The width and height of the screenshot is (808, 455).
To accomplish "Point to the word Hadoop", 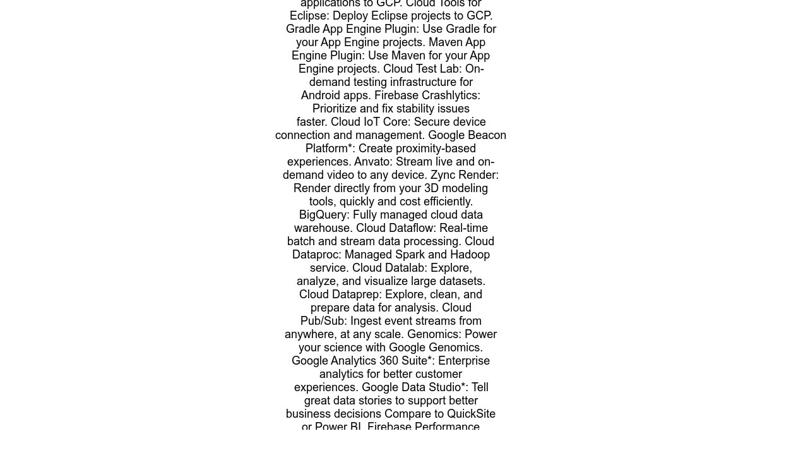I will pyautogui.click(x=468, y=255).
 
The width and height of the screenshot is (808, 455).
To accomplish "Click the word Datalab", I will pyautogui.click(x=406, y=268).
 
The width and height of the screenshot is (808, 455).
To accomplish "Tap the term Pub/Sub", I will pyautogui.click(x=323, y=321).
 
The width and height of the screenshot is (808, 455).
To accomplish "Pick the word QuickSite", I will pyautogui.click(x=471, y=414).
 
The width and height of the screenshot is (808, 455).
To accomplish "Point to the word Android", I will pyautogui.click(x=322, y=95).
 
